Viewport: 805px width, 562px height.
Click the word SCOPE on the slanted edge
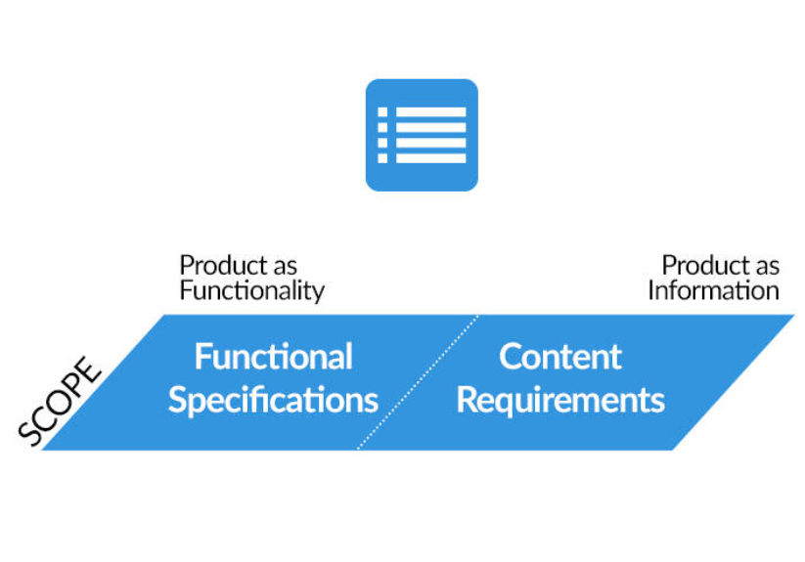coord(59,401)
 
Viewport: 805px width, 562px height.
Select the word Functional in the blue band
coord(274,357)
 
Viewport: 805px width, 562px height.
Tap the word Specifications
coord(273,401)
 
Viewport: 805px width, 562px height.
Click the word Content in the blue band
coord(560,357)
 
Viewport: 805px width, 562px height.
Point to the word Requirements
coord(560,401)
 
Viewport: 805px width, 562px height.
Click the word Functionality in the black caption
coord(252,291)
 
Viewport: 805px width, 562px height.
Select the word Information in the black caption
coord(714,290)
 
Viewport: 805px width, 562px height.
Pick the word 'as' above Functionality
coord(285,268)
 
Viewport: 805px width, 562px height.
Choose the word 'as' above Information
coord(767,268)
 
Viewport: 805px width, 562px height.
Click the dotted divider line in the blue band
coord(418,382)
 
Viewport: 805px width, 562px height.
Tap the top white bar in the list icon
coord(430,112)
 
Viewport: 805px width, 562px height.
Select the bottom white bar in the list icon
coord(430,158)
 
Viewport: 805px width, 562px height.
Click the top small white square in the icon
coord(382,112)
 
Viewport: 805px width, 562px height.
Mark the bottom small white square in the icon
coord(382,158)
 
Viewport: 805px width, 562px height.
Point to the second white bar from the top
coord(430,128)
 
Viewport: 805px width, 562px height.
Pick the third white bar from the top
coord(430,143)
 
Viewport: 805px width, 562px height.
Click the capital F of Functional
coord(201,357)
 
